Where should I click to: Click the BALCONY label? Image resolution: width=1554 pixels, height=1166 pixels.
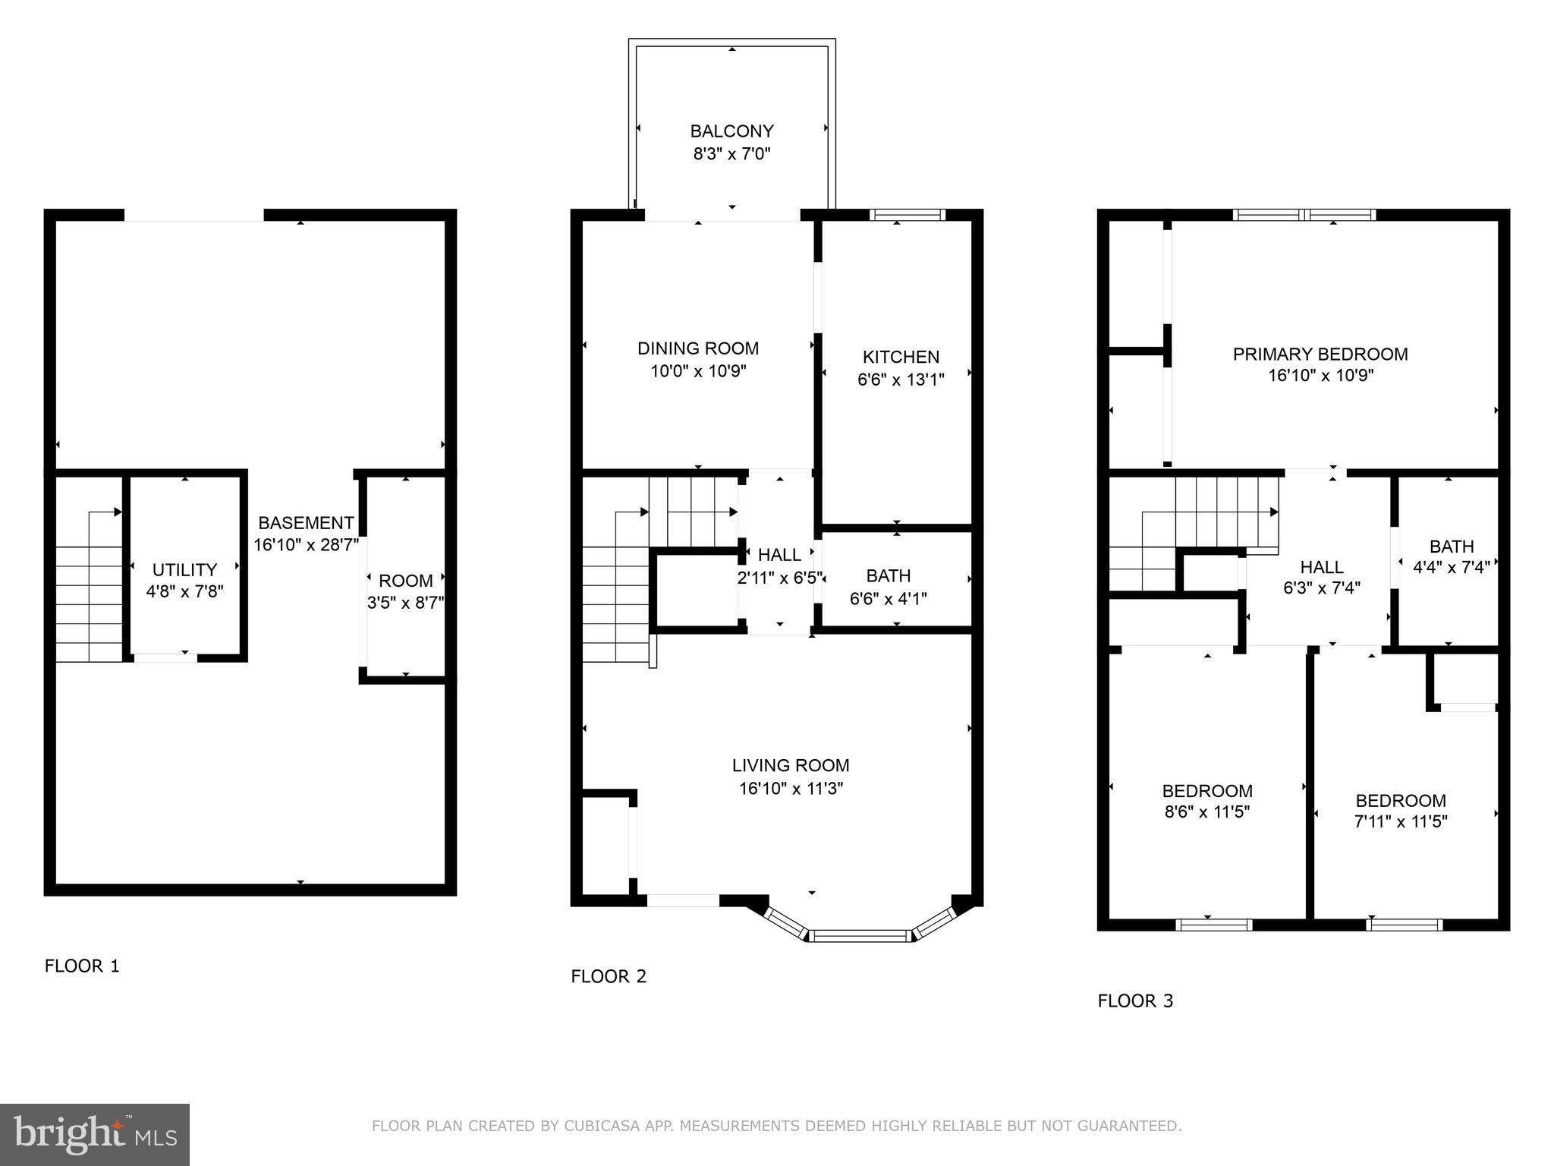pyautogui.click(x=731, y=131)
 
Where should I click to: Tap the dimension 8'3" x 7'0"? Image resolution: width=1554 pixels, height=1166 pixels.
pyautogui.click(x=731, y=154)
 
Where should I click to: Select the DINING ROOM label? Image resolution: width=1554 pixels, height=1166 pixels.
pyautogui.click(x=697, y=348)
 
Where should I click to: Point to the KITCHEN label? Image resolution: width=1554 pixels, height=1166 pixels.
pyautogui.click(x=901, y=357)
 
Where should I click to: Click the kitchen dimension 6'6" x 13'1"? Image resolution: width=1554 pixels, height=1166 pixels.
pyautogui.click(x=901, y=380)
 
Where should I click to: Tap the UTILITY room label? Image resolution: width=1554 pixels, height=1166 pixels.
pyautogui.click(x=184, y=569)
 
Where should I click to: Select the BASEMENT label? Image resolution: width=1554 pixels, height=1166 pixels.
pyautogui.click(x=306, y=523)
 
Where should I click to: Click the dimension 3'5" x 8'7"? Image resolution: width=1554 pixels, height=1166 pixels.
pyautogui.click(x=405, y=603)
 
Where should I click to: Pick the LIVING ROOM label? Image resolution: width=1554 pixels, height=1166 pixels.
pyautogui.click(x=791, y=765)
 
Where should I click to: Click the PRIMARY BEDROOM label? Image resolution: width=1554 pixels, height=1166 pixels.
pyautogui.click(x=1320, y=354)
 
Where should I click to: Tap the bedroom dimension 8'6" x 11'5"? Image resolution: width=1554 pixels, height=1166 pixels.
pyautogui.click(x=1206, y=812)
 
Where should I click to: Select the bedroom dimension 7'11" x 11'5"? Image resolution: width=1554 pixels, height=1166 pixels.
pyautogui.click(x=1401, y=821)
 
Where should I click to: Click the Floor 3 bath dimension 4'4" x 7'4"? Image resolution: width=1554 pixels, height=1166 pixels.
pyautogui.click(x=1452, y=566)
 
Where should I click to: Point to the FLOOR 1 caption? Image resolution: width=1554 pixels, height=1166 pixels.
pyautogui.click(x=82, y=966)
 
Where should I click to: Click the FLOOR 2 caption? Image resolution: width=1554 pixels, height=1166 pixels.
pyautogui.click(x=609, y=976)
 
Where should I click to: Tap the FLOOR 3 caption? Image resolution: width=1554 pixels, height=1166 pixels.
pyautogui.click(x=1135, y=1001)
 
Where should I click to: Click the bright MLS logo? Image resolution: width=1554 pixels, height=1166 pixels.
pyautogui.click(x=95, y=1134)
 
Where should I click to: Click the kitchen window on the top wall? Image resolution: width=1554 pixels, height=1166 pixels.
pyautogui.click(x=907, y=215)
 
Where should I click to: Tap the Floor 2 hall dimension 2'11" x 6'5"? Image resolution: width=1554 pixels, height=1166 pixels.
pyautogui.click(x=779, y=578)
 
